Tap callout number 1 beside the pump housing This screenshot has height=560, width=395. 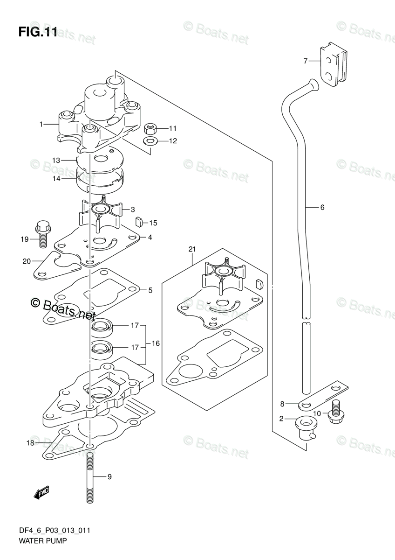click(41, 124)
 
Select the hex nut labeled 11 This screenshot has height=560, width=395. click(150, 128)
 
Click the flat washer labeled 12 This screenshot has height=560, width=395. click(150, 140)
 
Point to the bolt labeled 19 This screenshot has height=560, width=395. click(41, 234)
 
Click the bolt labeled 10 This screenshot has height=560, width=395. click(335, 412)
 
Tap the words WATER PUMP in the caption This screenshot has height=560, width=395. click(42, 541)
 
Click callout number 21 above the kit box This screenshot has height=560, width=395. click(192, 250)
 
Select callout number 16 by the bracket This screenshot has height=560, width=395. click(155, 343)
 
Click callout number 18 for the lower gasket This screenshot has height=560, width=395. click(31, 443)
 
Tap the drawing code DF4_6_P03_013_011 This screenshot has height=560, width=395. click(54, 531)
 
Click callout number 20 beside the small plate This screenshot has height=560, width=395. click(26, 261)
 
